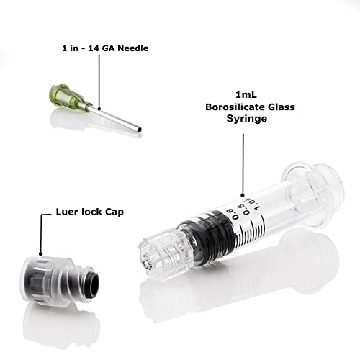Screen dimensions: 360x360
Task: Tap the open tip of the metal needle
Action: pyautogui.click(x=140, y=130)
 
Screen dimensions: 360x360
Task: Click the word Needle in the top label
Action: pyautogui.click(x=133, y=48)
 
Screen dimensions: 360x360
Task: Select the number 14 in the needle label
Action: pyautogui.click(x=94, y=48)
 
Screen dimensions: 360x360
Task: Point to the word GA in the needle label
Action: pyautogui.click(x=109, y=48)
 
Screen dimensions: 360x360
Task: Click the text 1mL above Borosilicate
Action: pyautogui.click(x=246, y=95)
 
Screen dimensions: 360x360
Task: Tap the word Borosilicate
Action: pyautogui.click(x=235, y=107)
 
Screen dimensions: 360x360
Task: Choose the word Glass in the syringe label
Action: pyautogui.click(x=282, y=107)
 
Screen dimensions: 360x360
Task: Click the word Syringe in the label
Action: pyautogui.click(x=247, y=119)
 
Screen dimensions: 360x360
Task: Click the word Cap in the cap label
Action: pyautogui.click(x=114, y=212)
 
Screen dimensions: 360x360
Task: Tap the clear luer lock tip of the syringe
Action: pyautogui.click(x=166, y=254)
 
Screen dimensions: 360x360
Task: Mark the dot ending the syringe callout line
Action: pyautogui.click(x=243, y=195)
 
